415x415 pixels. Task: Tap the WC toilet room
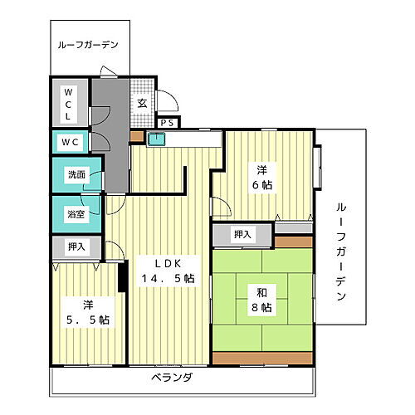(x=68, y=142)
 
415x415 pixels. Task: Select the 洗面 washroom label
(x=76, y=175)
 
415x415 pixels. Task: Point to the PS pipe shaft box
(x=167, y=123)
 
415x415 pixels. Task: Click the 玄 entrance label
(x=142, y=104)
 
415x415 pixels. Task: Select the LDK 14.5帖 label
(x=167, y=270)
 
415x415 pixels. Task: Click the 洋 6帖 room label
(x=261, y=178)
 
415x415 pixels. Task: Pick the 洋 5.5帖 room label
(x=86, y=310)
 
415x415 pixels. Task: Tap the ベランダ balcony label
(x=172, y=378)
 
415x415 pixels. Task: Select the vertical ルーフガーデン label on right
(x=340, y=249)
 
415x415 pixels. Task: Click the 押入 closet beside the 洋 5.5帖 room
(x=76, y=247)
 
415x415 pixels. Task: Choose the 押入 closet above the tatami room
(x=242, y=235)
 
